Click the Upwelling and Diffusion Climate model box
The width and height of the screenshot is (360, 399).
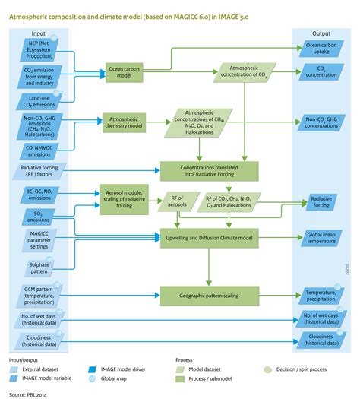tap(210, 236)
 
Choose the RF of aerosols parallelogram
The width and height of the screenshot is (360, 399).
tap(174, 200)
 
